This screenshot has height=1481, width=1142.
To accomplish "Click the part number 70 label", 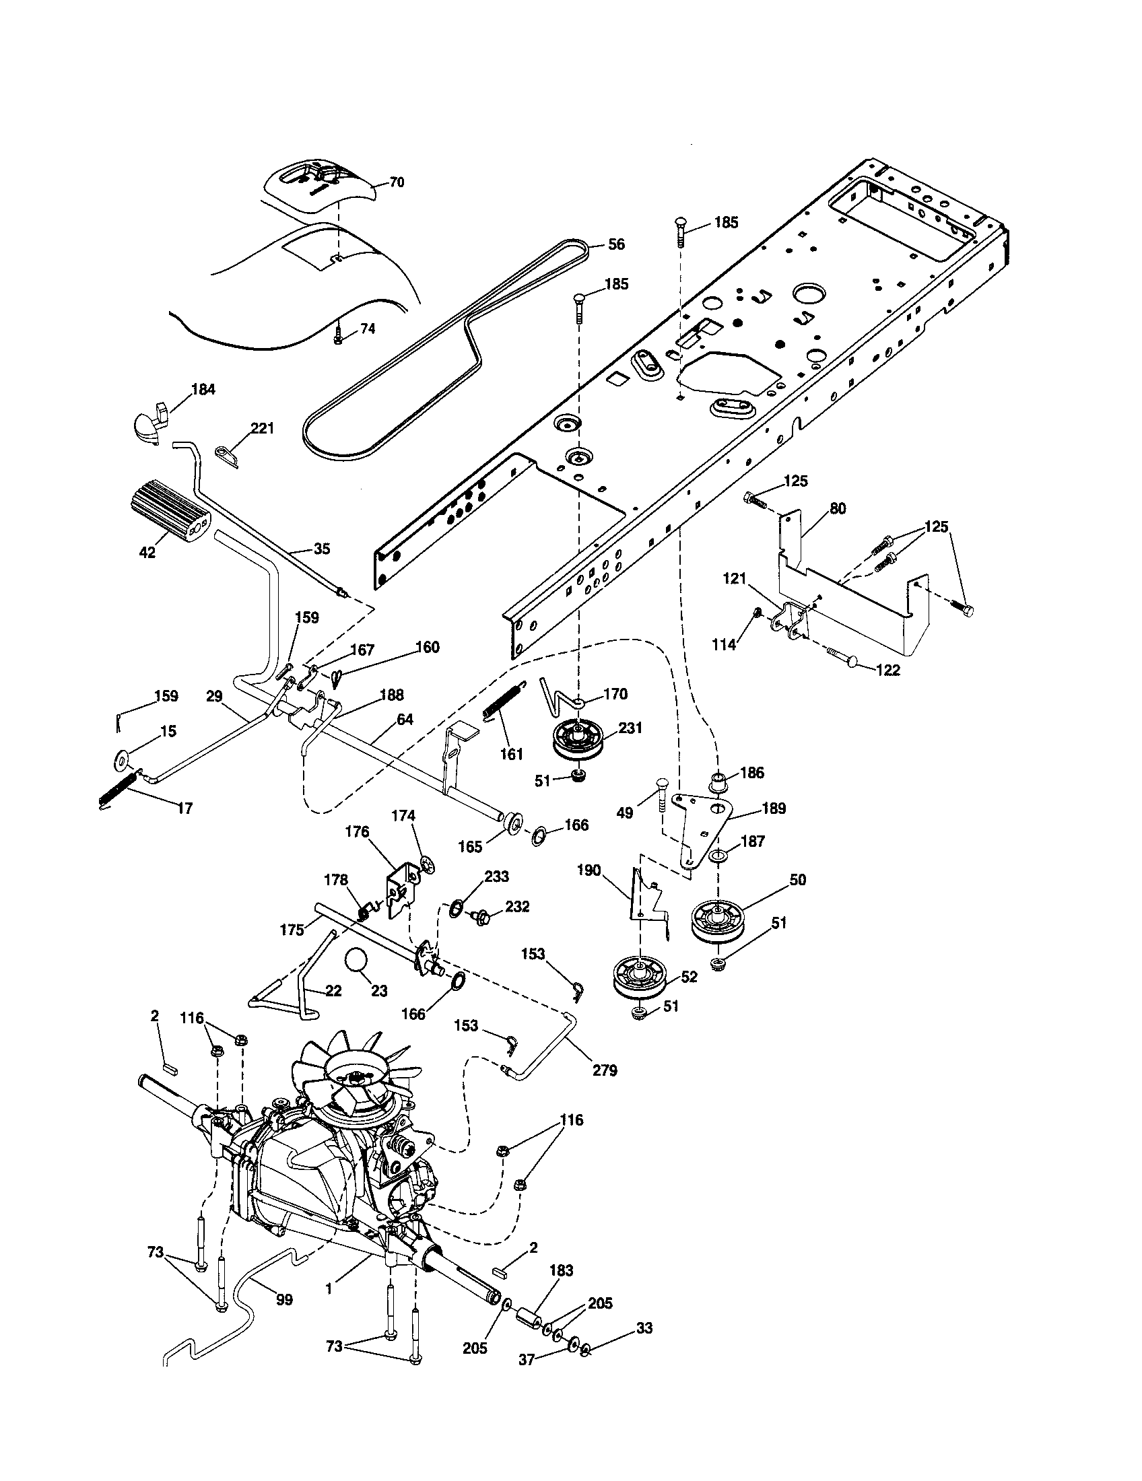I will [x=397, y=182].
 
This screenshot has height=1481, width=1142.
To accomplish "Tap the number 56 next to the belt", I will [x=615, y=245].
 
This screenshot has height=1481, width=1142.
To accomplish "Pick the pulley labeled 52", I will [x=639, y=981].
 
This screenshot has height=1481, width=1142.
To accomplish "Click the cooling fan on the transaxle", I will [x=360, y=1078].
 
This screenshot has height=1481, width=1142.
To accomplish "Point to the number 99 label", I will [x=284, y=1299].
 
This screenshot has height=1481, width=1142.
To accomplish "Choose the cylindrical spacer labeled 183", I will [x=530, y=1319].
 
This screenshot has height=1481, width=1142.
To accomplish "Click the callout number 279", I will [x=605, y=1070].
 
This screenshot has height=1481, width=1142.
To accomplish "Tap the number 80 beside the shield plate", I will [x=838, y=508].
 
